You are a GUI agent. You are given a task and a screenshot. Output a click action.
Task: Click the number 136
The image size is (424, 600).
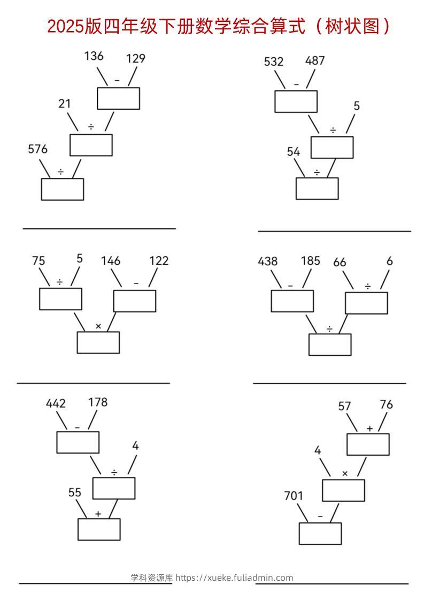tap(94, 56)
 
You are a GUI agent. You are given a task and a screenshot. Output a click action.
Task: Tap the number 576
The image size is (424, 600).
tap(37, 150)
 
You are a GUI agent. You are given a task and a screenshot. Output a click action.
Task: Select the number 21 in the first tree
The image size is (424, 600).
tap(65, 104)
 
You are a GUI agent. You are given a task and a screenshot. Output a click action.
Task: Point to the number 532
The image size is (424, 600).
tap(274, 61)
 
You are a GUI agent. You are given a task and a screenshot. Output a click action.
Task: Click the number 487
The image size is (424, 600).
tap(315, 60)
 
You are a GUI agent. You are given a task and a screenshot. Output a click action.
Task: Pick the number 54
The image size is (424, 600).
tap(294, 152)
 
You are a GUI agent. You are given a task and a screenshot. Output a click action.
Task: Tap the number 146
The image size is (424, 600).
tap(111, 261)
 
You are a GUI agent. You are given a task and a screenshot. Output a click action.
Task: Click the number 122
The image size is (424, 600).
tap(158, 261)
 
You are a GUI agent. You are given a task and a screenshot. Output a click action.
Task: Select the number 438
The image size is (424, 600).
tap(268, 261)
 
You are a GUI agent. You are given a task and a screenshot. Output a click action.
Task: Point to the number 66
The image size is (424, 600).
tap(340, 262)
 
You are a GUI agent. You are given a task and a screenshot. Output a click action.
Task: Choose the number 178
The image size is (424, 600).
tap(98, 402)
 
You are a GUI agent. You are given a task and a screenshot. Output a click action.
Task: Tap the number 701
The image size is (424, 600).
tap(294, 496)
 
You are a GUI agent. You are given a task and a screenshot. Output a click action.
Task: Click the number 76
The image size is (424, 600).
tap(386, 405)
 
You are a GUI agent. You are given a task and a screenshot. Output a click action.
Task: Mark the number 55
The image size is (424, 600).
tap(75, 493)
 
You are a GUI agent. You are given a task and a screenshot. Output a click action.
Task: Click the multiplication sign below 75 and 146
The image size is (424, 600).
tap(98, 326)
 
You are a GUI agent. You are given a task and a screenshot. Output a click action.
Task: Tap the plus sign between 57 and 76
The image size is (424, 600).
tap(369, 428)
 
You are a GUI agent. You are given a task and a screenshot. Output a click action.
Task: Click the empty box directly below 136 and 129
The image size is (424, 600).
tap(118, 98)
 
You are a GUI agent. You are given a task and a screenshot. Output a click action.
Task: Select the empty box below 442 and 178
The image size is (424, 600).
tap(78, 442)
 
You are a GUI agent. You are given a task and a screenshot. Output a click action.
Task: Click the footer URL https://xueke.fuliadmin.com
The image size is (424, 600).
tap(234, 578)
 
